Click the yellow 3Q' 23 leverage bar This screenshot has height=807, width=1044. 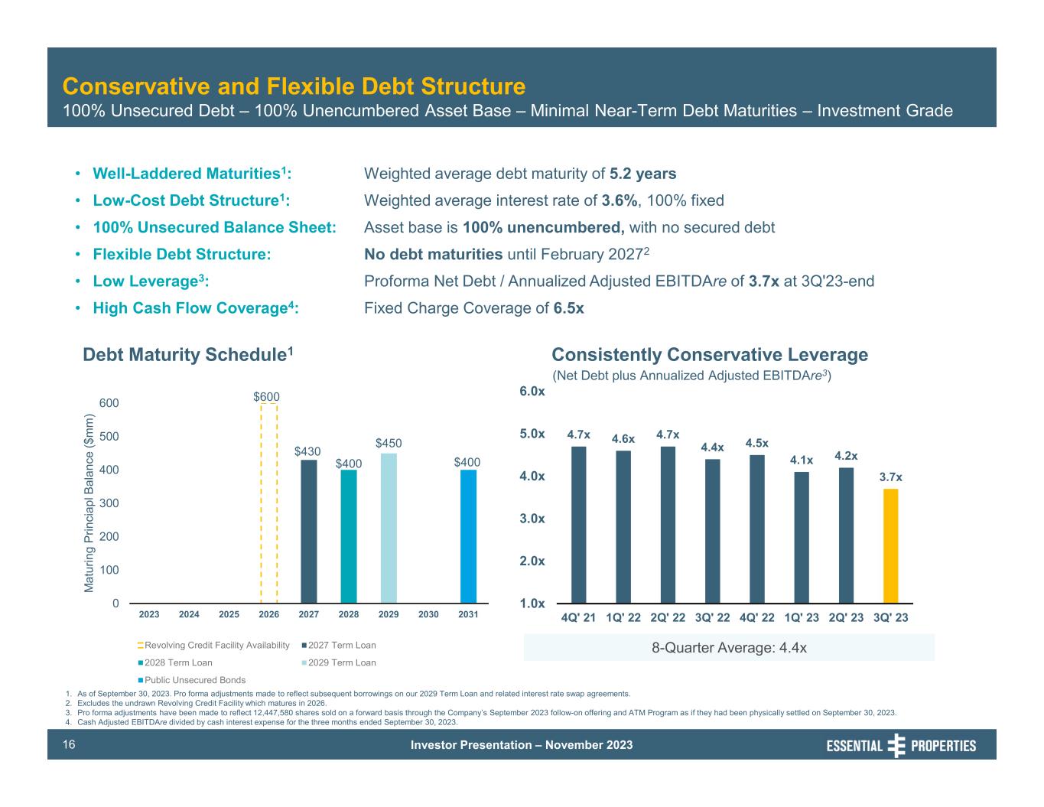click(890, 545)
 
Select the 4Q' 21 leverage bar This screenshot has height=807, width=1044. click(578, 525)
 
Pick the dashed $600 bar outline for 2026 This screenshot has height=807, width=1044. click(268, 503)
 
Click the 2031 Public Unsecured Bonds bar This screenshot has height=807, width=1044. click(468, 536)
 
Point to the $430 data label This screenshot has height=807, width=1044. click(307, 451)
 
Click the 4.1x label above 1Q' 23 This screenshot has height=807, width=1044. click(801, 460)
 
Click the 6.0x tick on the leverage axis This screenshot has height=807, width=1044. click(532, 392)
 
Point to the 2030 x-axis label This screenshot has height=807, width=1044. click(428, 614)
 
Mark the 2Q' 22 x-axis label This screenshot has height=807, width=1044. click(668, 617)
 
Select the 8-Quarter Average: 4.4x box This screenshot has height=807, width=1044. click(729, 648)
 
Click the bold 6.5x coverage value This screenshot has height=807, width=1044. click(568, 308)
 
